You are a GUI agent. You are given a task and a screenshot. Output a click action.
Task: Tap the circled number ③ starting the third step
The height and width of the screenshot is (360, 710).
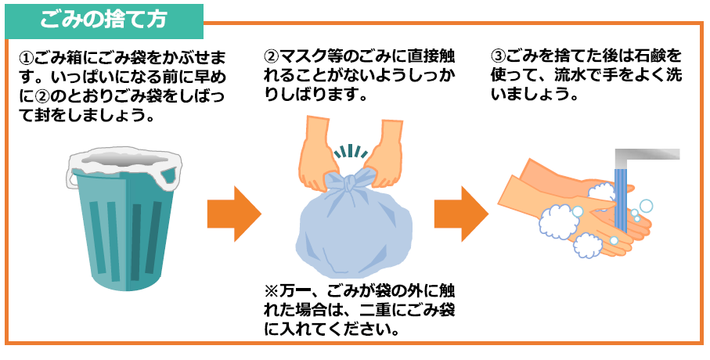tap(499, 59)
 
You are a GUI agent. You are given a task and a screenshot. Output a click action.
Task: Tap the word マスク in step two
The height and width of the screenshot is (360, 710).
tap(301, 59)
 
